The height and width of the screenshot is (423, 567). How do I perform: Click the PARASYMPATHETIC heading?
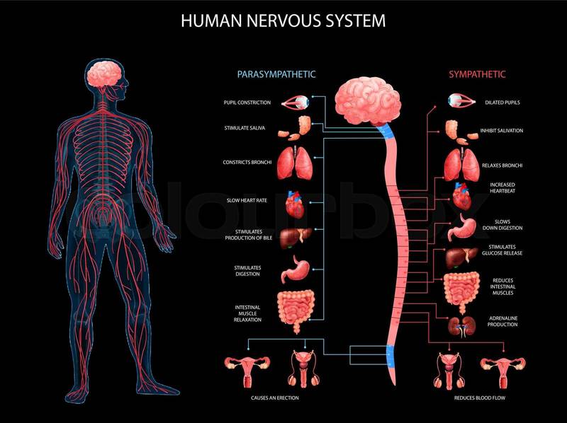coord(276,74)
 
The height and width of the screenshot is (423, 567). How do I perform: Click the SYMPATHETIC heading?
coord(477,74)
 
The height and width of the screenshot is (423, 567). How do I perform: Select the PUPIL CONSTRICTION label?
coord(247,103)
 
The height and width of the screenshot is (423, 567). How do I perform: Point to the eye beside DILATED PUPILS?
coord(461,100)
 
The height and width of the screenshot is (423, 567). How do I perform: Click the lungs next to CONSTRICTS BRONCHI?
coord(295,163)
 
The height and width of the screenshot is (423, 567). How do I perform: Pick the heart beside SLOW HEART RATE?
coord(295,204)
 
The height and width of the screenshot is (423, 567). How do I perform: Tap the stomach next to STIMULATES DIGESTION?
coord(296,270)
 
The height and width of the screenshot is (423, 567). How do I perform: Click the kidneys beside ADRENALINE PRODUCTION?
coord(461,326)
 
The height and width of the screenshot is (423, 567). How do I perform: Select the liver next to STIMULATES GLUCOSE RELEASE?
coord(461,257)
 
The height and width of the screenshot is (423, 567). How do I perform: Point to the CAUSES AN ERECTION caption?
coord(275,398)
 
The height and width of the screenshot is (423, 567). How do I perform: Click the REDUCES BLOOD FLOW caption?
coord(480,398)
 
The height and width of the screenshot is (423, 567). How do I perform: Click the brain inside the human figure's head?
coord(104,74)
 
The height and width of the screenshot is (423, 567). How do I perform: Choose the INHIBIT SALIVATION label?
coord(502,131)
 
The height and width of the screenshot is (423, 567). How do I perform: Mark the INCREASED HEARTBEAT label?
coord(503,187)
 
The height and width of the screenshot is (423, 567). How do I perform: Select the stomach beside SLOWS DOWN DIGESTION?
coord(461,227)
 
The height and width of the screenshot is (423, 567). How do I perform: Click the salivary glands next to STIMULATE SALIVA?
coord(294,128)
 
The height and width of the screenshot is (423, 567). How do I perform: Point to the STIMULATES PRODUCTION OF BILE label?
coord(249,235)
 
